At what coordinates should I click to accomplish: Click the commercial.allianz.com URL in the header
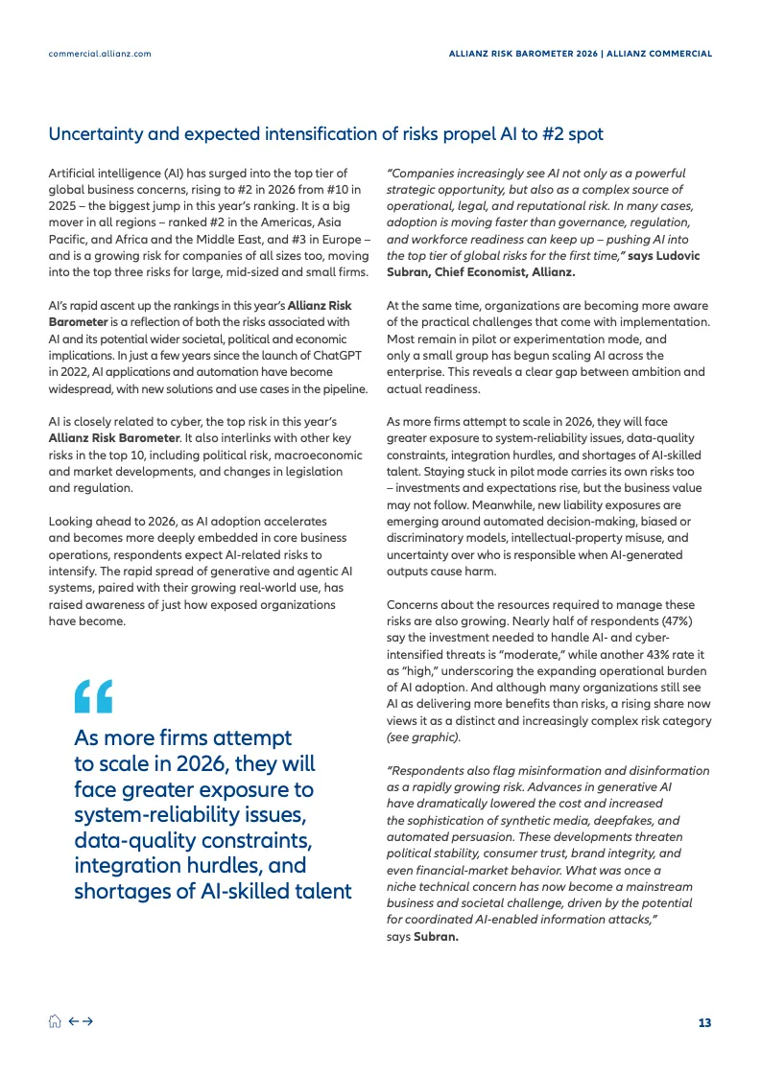point(100,54)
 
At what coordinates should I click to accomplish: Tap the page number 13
point(704,1022)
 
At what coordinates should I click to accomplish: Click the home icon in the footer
point(55,1022)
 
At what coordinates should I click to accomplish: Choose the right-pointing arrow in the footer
point(87,1022)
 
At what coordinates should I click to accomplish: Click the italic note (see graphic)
point(423,737)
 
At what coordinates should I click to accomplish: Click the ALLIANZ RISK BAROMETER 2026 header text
point(522,54)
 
